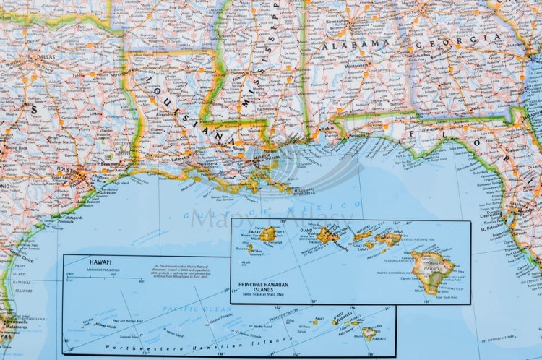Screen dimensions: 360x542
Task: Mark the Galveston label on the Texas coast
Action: [106, 192]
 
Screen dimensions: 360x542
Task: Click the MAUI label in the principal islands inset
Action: [398, 232]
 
